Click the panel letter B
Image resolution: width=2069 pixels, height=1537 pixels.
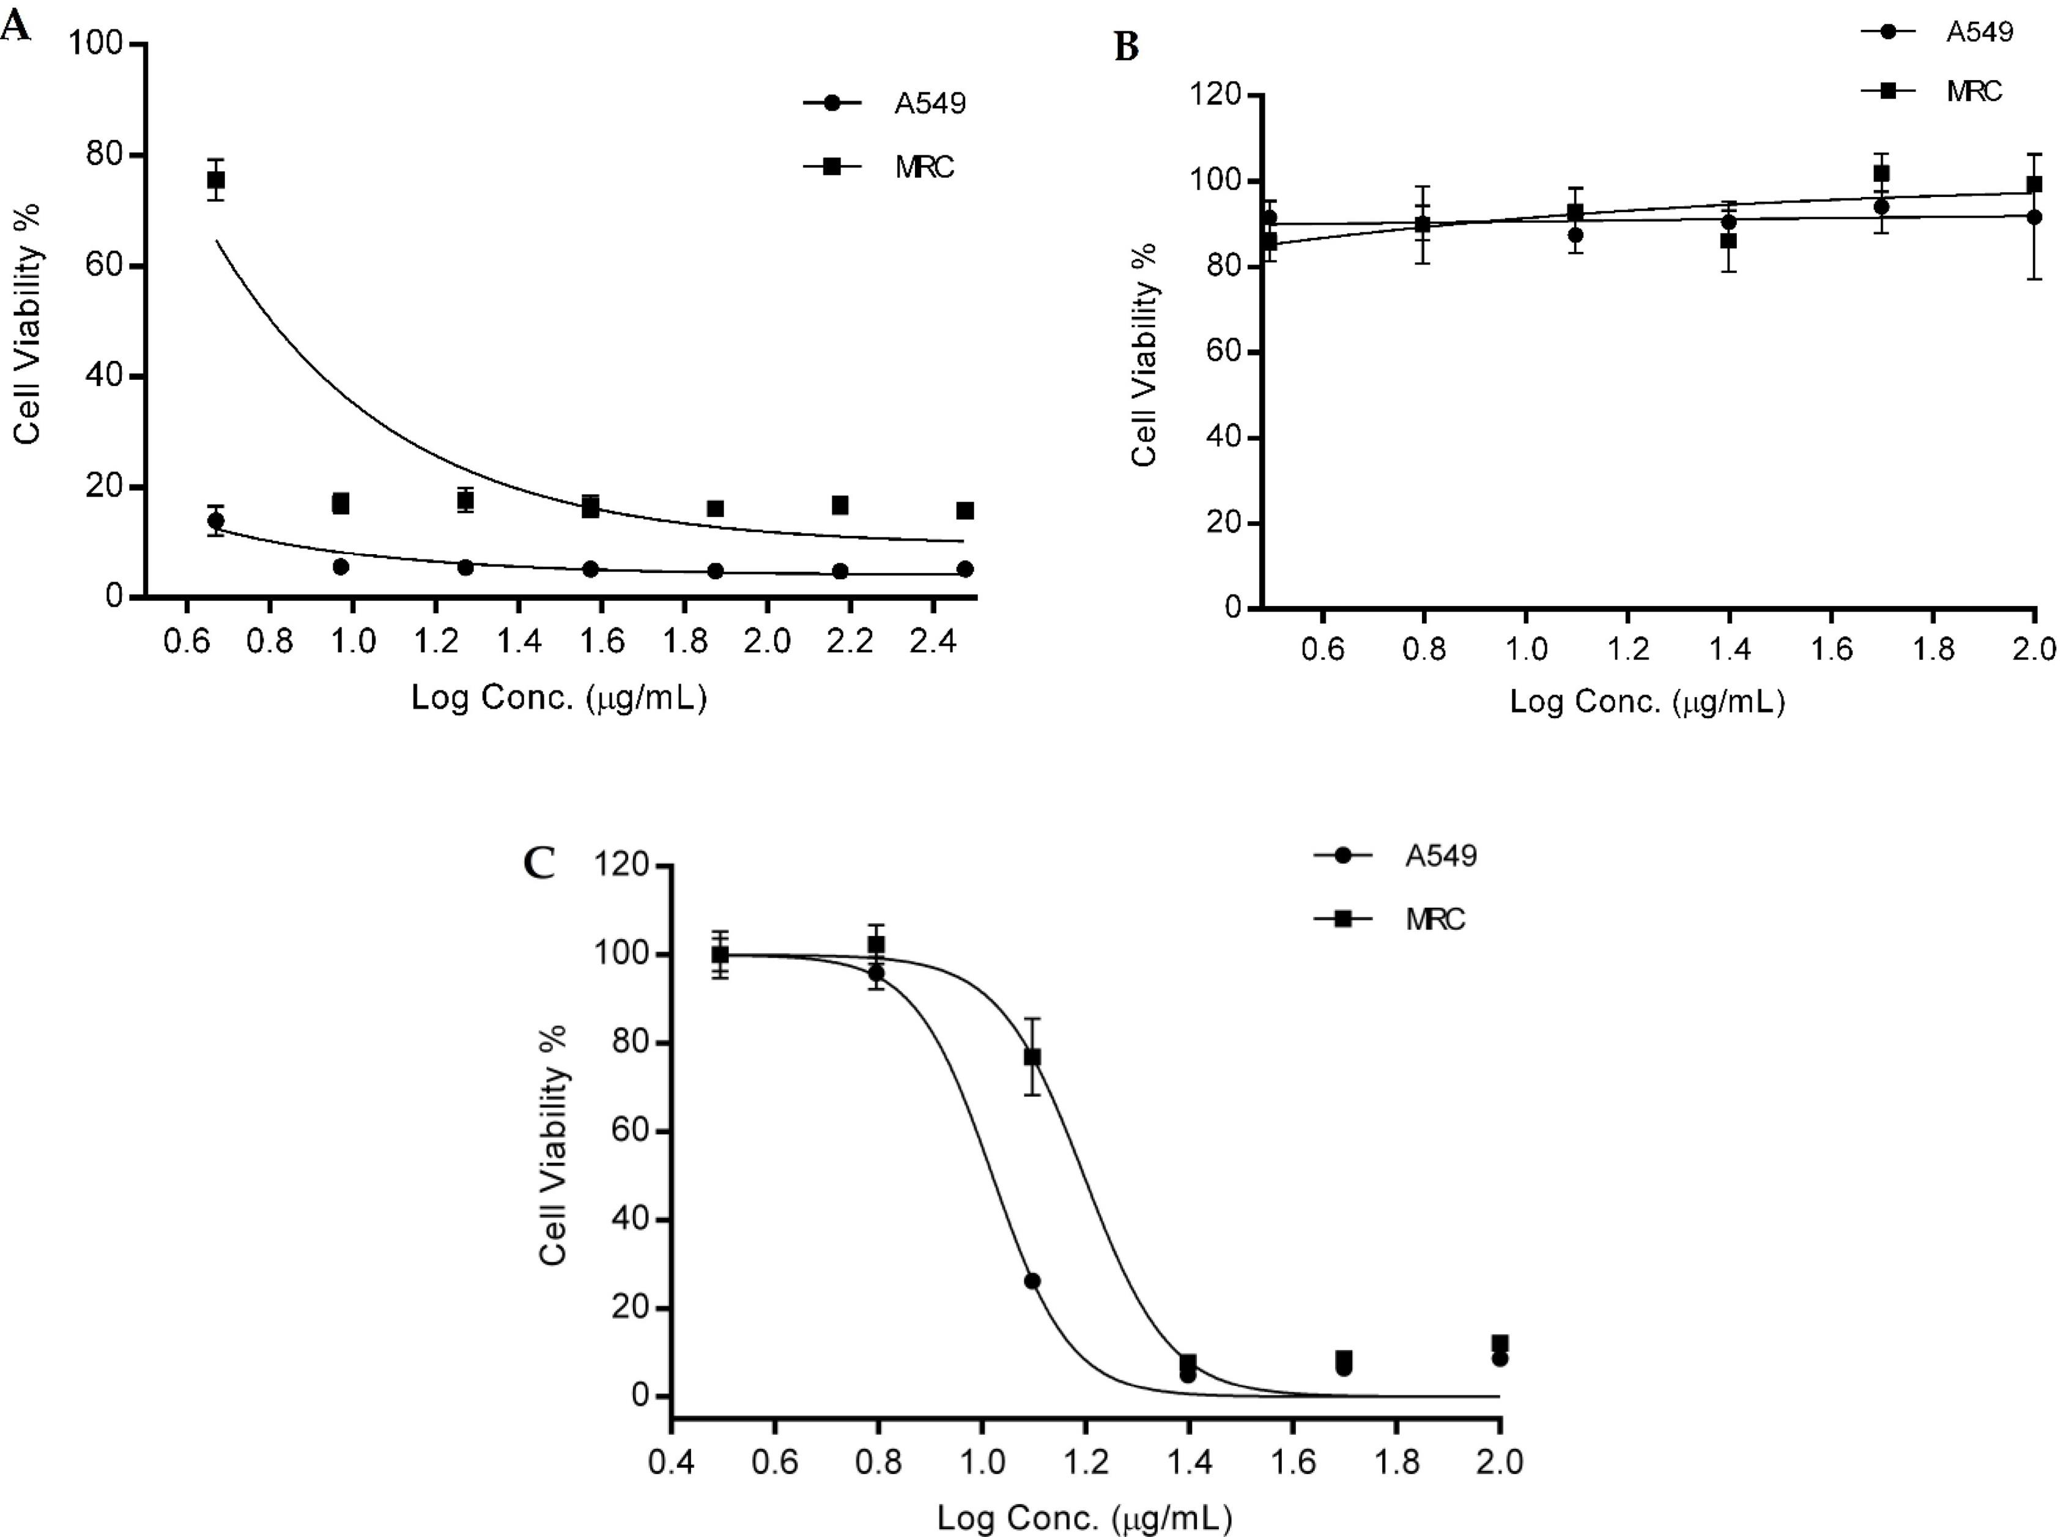click(1127, 46)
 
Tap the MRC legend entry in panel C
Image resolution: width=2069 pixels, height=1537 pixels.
click(1390, 919)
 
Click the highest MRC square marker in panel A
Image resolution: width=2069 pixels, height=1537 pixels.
click(216, 180)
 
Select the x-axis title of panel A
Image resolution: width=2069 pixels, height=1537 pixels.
click(559, 698)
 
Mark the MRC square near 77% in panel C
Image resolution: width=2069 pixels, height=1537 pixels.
click(1032, 1057)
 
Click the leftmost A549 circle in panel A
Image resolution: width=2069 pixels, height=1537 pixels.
click(216, 520)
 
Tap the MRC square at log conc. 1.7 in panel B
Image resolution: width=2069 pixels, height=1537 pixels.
click(1881, 173)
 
